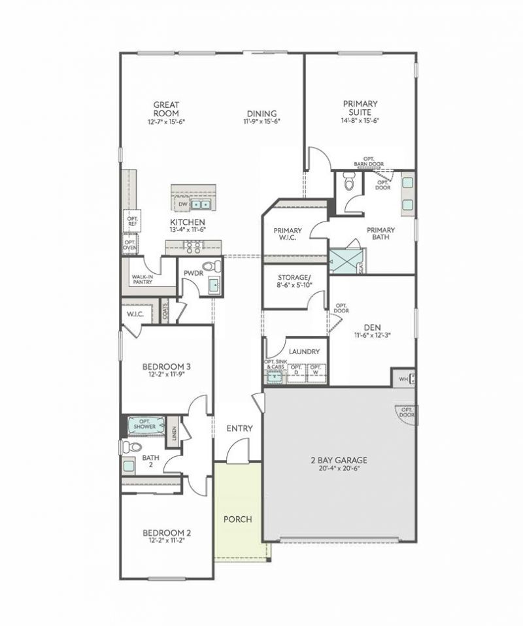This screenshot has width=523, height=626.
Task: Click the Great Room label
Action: [x=166, y=109]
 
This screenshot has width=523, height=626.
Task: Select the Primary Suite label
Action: [x=360, y=108]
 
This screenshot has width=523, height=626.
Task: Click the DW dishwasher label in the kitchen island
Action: [x=183, y=204]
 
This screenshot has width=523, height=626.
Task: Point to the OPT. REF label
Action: [x=132, y=222]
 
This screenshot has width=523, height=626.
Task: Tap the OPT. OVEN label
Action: [x=131, y=244]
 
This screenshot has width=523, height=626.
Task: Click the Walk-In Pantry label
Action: [x=143, y=280]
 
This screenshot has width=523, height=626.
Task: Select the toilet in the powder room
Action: [x=211, y=267]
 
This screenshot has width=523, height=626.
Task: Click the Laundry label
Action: [x=304, y=352]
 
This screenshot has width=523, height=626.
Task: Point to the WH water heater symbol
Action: [x=403, y=377]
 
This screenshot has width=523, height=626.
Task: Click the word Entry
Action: [x=239, y=429]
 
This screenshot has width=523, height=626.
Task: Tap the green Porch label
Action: [x=237, y=519]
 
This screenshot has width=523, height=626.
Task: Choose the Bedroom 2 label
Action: [x=167, y=533]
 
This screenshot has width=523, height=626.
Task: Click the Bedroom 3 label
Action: [x=167, y=367]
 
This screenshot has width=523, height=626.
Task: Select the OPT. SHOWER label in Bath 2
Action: [x=144, y=424]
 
